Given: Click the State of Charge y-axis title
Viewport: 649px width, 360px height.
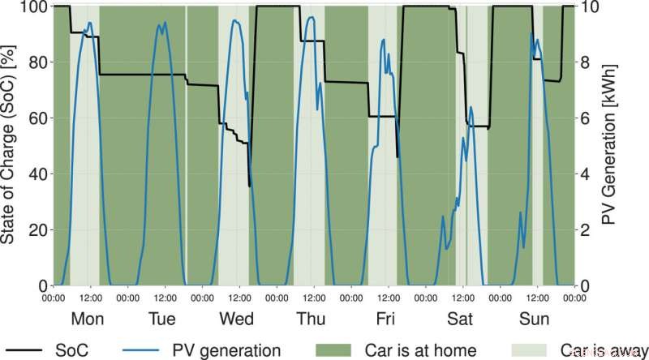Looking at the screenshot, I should pyautogui.click(x=12, y=146).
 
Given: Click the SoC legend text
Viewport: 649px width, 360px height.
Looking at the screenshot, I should pyautogui.click(x=74, y=349).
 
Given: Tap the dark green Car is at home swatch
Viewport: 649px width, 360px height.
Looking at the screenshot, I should pyautogui.click(x=333, y=349).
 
